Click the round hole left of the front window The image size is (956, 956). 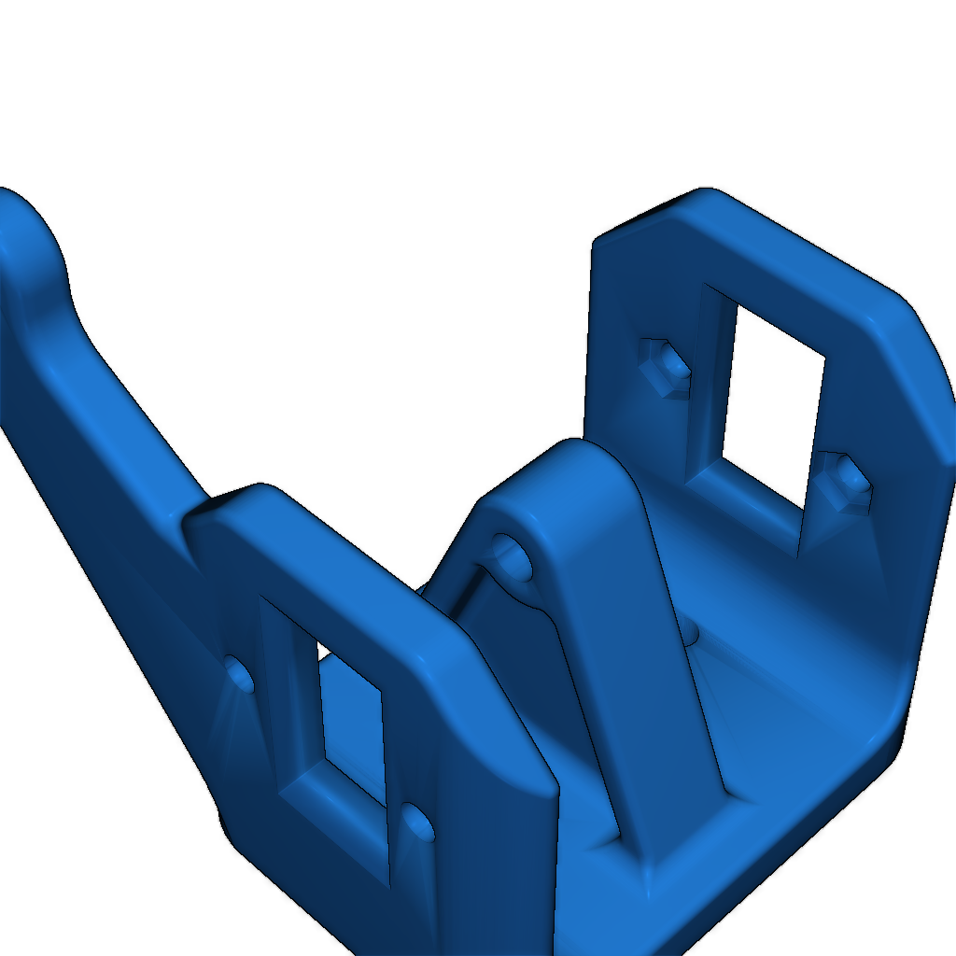[x=239, y=673]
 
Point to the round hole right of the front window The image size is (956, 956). [x=418, y=823]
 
